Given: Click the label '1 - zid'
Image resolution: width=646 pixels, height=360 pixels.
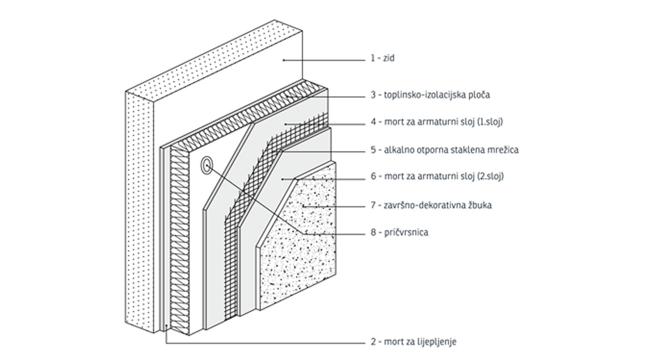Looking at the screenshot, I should [x=382, y=58].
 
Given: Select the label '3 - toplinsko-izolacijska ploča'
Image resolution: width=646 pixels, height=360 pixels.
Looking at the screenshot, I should [x=430, y=95].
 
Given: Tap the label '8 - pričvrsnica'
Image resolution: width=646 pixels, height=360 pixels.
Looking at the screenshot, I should [x=399, y=232].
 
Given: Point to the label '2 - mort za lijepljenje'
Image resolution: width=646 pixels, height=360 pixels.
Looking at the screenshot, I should [x=413, y=342].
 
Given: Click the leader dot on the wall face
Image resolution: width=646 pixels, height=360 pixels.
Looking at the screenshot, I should [x=284, y=60].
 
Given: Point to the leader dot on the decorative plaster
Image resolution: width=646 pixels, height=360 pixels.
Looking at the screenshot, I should [x=304, y=206].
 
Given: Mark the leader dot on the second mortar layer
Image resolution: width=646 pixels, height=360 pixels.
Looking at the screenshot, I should [x=282, y=179].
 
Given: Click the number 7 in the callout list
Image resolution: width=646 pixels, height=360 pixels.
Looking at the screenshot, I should [x=373, y=205].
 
